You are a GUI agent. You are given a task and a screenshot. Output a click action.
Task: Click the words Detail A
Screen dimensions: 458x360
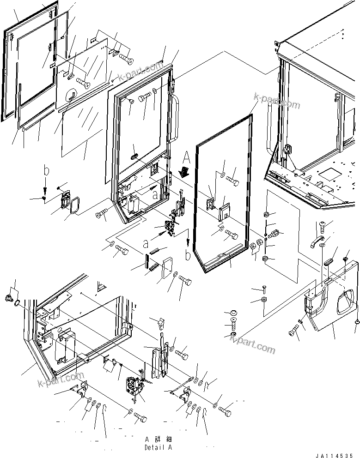pos(158,447)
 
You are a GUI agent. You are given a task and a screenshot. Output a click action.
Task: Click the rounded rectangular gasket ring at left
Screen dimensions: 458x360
pos(74,205)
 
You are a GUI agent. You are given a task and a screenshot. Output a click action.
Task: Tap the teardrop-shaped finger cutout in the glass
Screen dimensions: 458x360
pos(72,95)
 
